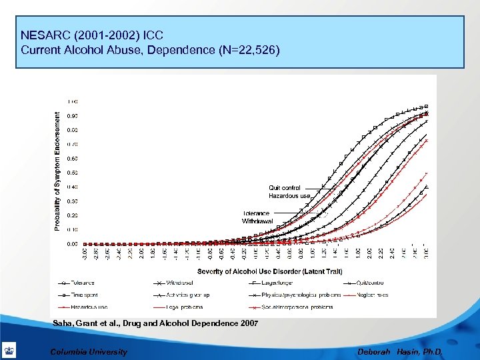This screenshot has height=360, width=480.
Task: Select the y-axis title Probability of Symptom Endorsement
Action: click(x=56, y=171)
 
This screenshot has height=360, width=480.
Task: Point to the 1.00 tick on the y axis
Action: click(x=72, y=101)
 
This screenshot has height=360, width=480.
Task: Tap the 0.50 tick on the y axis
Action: click(x=72, y=173)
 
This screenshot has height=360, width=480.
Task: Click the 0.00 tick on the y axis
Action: click(x=72, y=244)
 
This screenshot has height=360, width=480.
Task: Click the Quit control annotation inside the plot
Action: click(x=285, y=188)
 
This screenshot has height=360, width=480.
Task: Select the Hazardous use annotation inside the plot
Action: click(x=289, y=196)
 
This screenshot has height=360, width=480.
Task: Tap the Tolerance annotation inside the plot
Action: click(x=256, y=213)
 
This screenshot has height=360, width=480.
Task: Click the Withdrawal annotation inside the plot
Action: click(x=257, y=221)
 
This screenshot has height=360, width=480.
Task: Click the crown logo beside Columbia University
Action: click(x=10, y=351)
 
